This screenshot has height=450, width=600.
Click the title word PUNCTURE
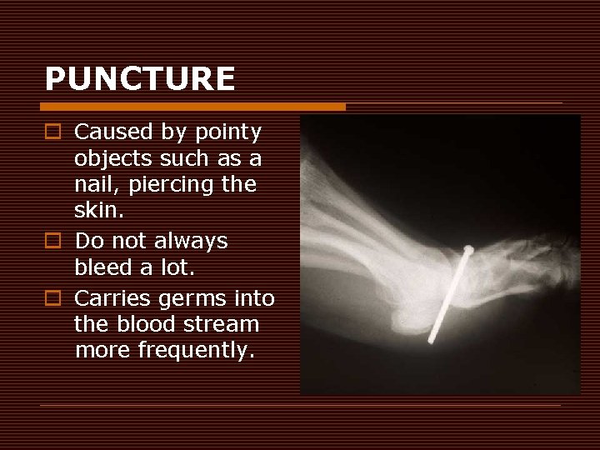coord(139,79)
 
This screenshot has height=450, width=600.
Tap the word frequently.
coord(203,351)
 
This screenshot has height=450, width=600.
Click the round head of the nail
coord(469,250)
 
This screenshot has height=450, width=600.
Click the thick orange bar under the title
coord(192,107)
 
